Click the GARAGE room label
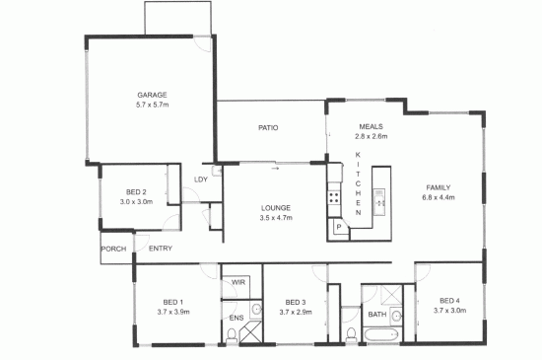click(152, 95)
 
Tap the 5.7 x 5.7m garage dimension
click(153, 105)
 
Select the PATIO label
click(268, 128)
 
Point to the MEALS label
click(371, 126)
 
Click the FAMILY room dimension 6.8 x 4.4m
click(439, 198)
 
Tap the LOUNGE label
click(276, 208)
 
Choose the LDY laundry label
click(201, 180)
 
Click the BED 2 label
click(136, 192)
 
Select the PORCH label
click(113, 249)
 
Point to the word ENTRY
click(161, 249)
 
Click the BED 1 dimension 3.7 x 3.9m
click(173, 312)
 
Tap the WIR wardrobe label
click(238, 282)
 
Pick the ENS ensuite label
click(237, 318)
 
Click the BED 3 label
click(296, 303)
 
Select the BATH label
click(377, 315)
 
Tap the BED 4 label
click(449, 301)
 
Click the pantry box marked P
click(338, 227)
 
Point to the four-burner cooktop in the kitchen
click(334, 198)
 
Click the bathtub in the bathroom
click(381, 334)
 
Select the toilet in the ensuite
click(232, 335)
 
